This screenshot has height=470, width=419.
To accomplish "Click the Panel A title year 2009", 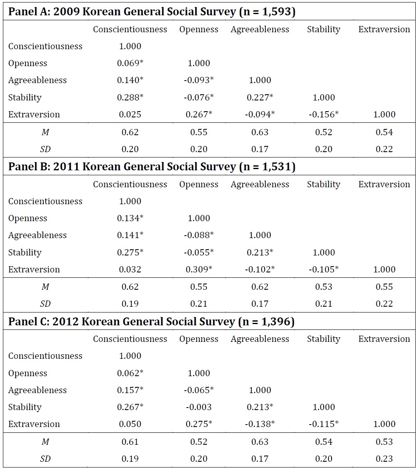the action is coord(66,12).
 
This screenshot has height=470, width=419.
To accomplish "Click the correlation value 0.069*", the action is coord(130,63).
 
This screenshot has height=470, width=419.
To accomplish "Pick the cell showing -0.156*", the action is coord(324,114).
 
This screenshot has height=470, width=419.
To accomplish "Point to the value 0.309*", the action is coord(199,269).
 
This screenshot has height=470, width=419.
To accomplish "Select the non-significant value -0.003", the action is coord(199,407).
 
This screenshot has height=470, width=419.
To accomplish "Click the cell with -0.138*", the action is coord(260,424).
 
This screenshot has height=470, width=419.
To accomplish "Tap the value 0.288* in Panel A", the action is coord(130,97).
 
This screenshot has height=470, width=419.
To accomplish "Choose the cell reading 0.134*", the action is coord(130,218).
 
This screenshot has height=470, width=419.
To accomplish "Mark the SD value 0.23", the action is coord(384,458).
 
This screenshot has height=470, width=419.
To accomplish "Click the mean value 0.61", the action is coord(130,441).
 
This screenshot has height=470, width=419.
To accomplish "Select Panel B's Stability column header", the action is coord(324,184).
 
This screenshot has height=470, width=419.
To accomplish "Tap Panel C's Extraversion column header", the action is coord(384,339).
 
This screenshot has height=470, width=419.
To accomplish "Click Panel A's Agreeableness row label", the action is coord(38,80).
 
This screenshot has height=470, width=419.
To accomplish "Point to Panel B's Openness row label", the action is coord(28,218).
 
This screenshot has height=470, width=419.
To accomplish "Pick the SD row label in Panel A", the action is coord(45,149).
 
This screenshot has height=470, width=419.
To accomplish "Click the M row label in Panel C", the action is coord(45,441).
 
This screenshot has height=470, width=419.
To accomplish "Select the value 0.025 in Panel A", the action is coord(130,114).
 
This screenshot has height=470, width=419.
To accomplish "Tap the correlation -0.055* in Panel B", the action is coord(199,252).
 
